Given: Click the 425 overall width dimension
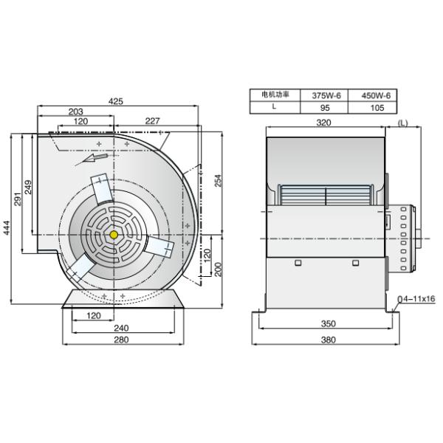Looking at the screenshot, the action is click(x=116, y=101).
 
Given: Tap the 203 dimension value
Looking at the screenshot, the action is click(x=76, y=111).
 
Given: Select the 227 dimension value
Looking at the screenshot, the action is click(x=153, y=121).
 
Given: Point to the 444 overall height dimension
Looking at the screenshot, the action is click(x=6, y=227).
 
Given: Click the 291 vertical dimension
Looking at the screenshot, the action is click(x=18, y=199).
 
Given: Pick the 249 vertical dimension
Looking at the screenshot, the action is click(x=28, y=187).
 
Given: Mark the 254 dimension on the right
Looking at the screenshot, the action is click(x=219, y=181).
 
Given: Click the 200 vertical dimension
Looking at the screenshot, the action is click(x=219, y=269).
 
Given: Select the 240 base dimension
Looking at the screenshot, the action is click(x=122, y=328).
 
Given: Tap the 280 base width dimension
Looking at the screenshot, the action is click(x=122, y=340).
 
